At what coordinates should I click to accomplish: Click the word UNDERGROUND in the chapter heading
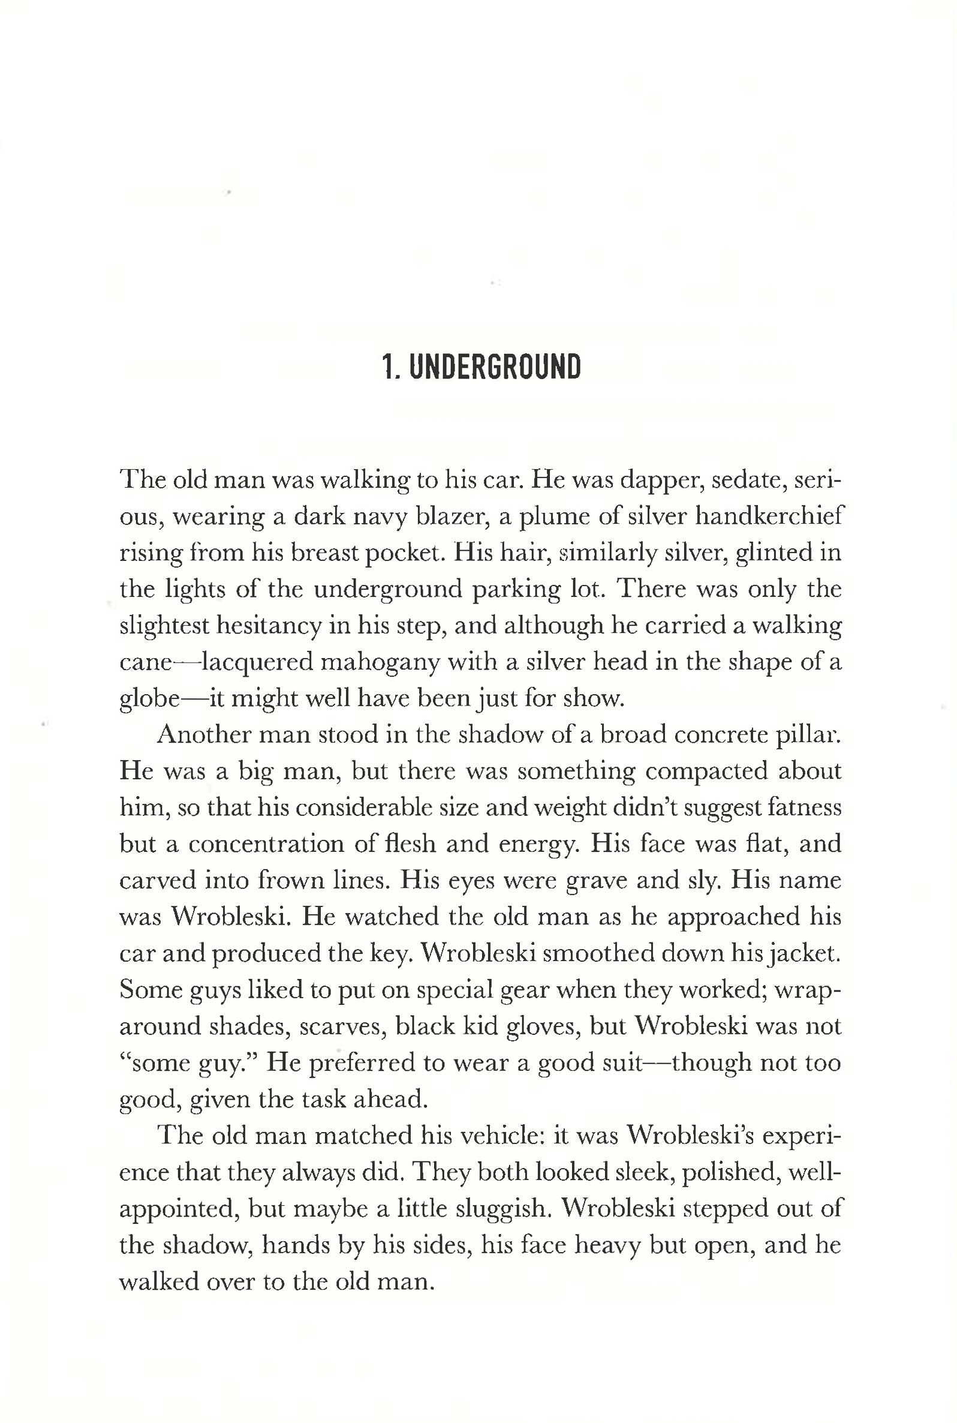point(495,367)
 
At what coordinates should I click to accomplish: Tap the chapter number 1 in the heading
point(386,367)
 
